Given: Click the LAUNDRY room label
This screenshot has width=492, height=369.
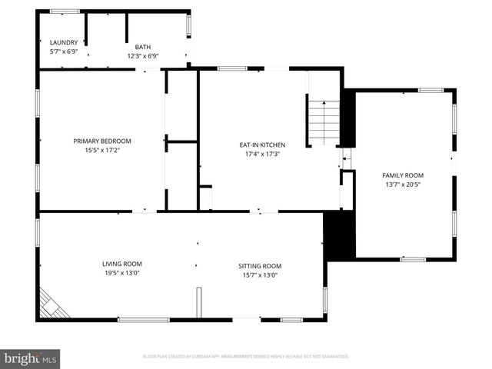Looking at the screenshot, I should [x=64, y=42].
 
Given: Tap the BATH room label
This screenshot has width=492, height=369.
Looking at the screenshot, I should [x=143, y=46].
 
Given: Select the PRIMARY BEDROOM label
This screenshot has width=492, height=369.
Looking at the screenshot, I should [x=102, y=141].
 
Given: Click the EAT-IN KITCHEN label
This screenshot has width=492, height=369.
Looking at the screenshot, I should [x=262, y=145].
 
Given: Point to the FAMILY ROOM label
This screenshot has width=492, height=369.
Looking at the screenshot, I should [x=404, y=175].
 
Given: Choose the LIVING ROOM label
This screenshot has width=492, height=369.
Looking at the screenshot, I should [x=122, y=264].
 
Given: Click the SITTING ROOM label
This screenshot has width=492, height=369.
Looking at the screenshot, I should [x=260, y=266].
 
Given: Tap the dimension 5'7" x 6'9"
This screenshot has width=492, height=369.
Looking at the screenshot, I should [x=64, y=52].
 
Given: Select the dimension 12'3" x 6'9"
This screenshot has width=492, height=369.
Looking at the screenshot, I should [x=143, y=55].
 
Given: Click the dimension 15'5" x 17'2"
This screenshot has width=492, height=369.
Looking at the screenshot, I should [x=102, y=150].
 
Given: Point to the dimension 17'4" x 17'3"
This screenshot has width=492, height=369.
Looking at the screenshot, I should [x=262, y=154].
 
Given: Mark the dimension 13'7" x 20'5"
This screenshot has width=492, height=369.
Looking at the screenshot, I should [x=404, y=184].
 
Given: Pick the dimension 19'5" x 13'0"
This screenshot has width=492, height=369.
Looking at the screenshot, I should [x=122, y=273].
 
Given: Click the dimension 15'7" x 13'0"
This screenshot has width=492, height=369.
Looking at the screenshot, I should [x=260, y=275].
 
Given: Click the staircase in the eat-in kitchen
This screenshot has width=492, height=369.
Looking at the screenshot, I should [x=324, y=123].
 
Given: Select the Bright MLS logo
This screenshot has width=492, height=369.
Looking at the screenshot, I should [x=31, y=358].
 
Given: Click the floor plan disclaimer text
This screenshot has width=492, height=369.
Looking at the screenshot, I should [x=246, y=357].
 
